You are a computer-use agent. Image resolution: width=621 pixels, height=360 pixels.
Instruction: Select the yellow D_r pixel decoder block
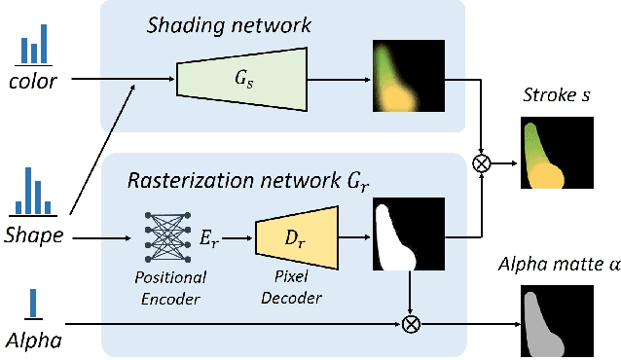tap(296, 234)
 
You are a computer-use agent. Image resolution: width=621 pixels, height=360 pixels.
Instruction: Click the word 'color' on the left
tap(32, 82)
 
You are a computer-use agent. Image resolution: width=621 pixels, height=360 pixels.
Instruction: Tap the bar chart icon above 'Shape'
tap(34, 192)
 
